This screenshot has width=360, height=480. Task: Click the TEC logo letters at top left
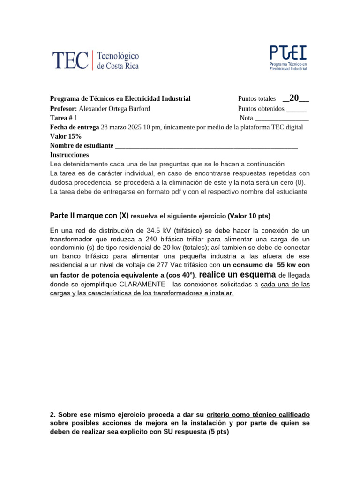(70, 60)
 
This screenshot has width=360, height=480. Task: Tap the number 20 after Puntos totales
(294, 98)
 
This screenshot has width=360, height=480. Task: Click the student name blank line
(206, 146)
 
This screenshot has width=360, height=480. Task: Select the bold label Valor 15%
(66, 136)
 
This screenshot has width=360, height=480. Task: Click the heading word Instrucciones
(69, 155)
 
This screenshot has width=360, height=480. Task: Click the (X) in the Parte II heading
(123, 216)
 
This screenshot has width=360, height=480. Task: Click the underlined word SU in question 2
(168, 432)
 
